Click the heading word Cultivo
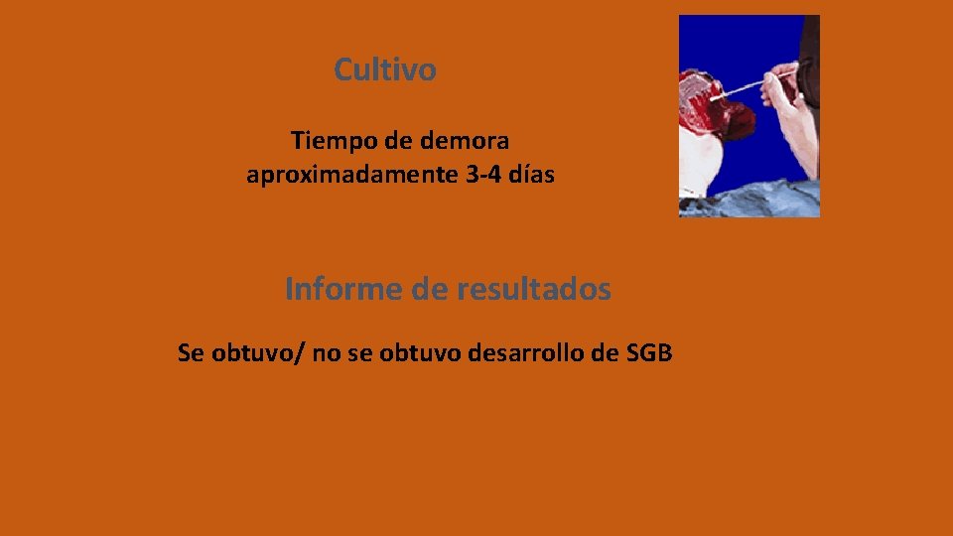point(384,70)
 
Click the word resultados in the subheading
point(534,290)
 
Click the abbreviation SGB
point(650,352)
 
